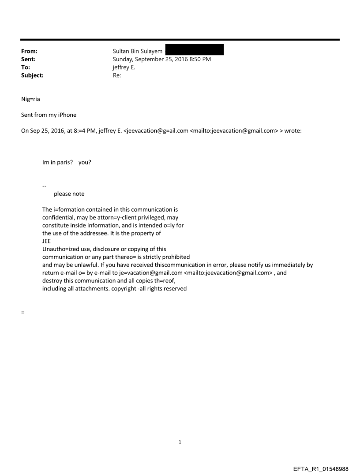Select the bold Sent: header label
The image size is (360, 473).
(x=28, y=60)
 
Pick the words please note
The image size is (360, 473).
(x=69, y=194)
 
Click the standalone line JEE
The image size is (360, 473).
(x=47, y=241)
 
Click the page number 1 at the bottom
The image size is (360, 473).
(x=180, y=442)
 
